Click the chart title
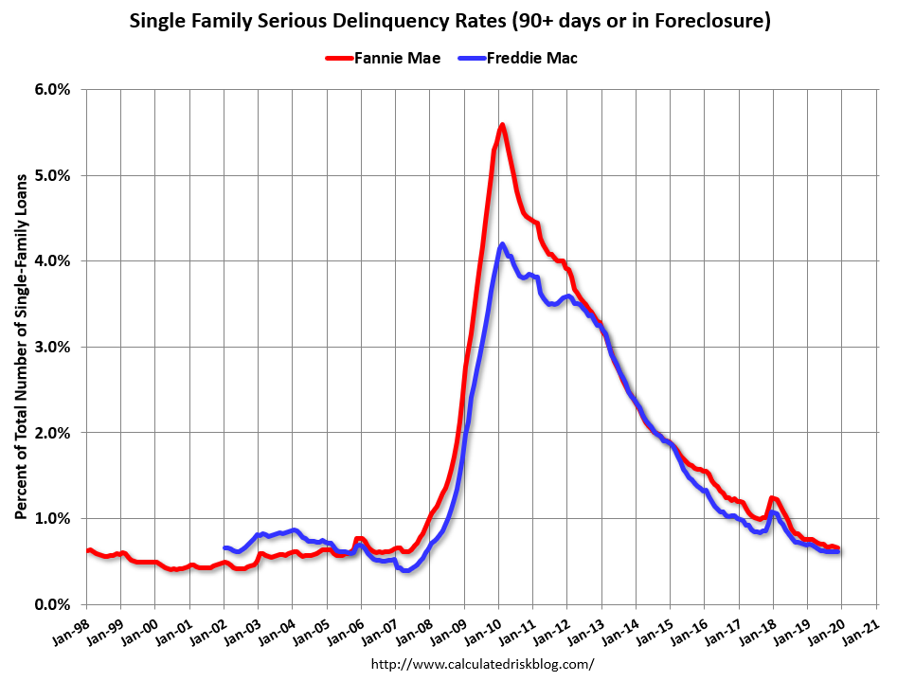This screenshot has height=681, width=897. point(449,19)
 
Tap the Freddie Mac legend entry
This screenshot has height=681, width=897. point(531,58)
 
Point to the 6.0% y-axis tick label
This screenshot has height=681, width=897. point(52,89)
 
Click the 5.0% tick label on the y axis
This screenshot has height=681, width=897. point(52,175)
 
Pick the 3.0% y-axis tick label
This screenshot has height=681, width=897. point(52,347)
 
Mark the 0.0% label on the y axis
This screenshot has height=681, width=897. point(52,604)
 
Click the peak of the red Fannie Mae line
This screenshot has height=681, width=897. point(502,125)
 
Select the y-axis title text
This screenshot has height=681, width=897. point(21,347)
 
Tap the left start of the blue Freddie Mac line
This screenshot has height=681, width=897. point(224,547)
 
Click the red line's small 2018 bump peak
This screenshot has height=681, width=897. point(773,498)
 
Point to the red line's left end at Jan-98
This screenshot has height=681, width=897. point(87,550)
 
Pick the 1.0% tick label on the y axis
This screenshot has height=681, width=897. point(52,518)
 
